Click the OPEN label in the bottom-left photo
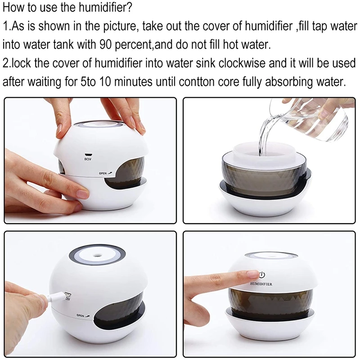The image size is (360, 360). click(81, 315)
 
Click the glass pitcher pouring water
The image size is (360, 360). click(315, 119)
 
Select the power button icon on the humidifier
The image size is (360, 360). click(262, 275)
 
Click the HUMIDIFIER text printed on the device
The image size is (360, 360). click(264, 284)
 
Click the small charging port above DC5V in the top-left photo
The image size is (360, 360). click(88, 153)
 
